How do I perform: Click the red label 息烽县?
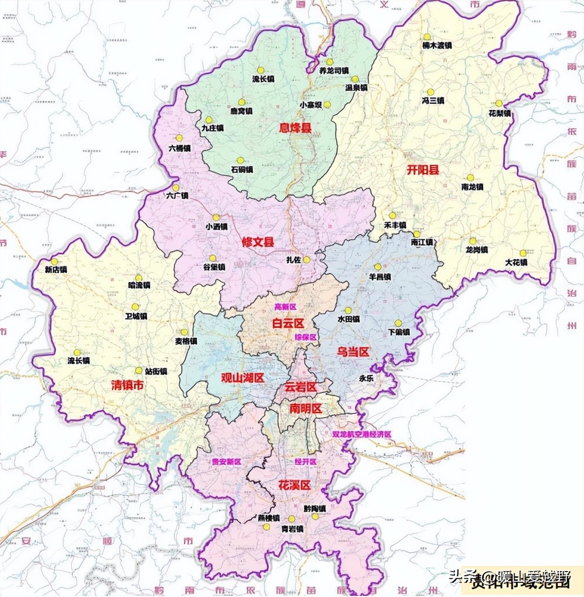click(x=295, y=128)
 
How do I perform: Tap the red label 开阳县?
click(x=423, y=170)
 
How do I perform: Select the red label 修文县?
click(x=258, y=242)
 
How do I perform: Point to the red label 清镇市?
click(x=127, y=385)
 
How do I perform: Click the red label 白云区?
click(x=288, y=324)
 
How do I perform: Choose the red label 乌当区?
click(x=352, y=352)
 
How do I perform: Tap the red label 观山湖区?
click(x=242, y=378)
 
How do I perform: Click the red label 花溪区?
click(x=295, y=485)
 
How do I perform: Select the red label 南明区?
click(x=306, y=409)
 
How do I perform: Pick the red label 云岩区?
click(x=301, y=387)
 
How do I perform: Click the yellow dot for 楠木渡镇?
click(x=427, y=37)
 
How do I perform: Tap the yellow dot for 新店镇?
click(x=55, y=261)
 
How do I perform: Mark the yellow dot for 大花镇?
click(x=523, y=253)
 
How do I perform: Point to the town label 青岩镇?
click(x=292, y=529)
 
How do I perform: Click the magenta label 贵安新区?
click(x=226, y=462)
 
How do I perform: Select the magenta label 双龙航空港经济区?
click(x=361, y=434)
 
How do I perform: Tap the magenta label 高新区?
click(x=285, y=307)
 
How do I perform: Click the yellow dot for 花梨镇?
click(x=498, y=103)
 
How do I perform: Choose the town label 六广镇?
click(x=178, y=196)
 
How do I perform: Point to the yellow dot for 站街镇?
click(x=139, y=370)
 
